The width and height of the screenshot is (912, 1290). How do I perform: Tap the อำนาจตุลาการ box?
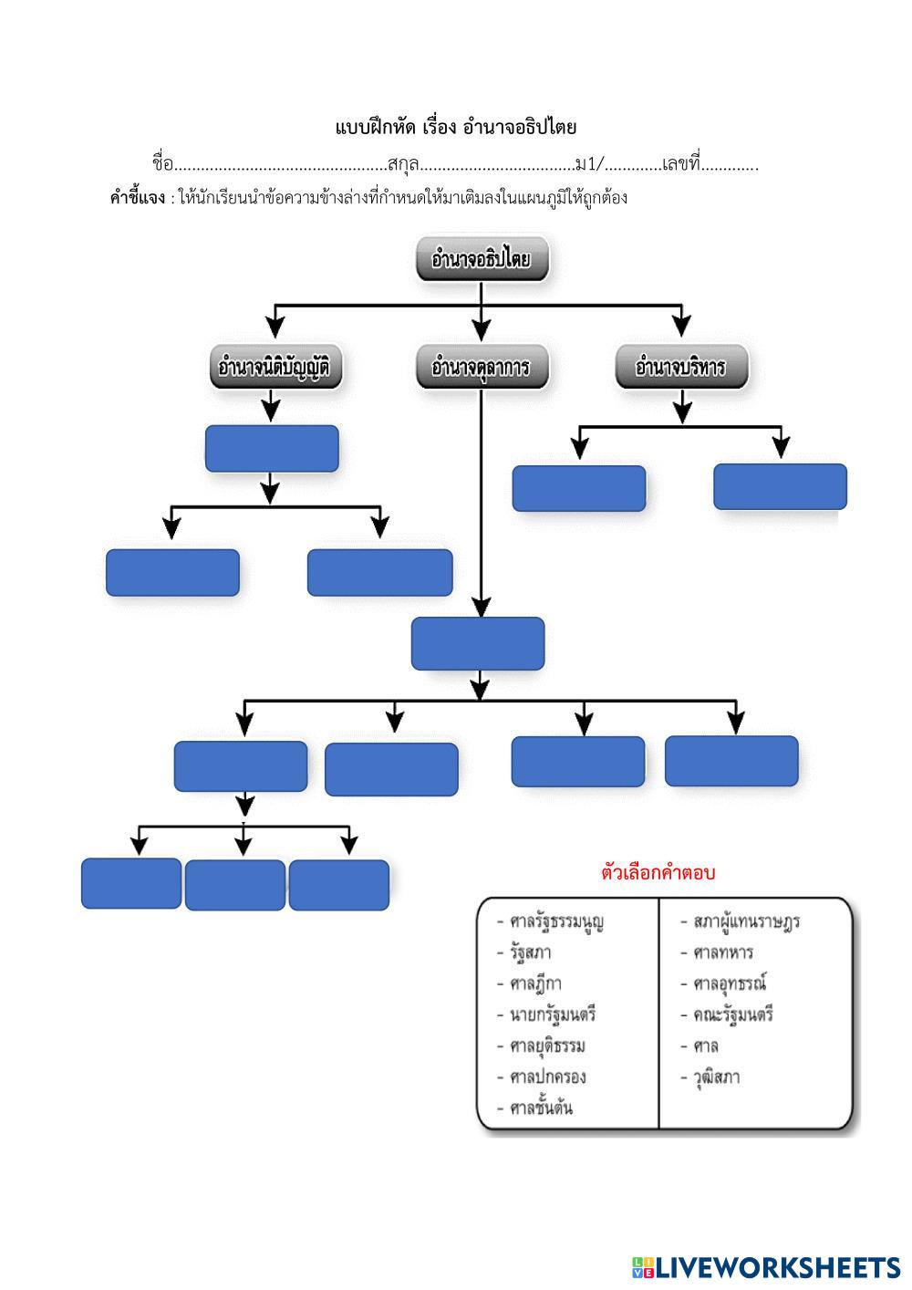(x=481, y=367)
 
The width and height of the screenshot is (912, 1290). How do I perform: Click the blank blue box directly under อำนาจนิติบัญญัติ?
(x=272, y=448)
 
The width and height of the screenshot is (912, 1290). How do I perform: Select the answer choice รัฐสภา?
(x=531, y=952)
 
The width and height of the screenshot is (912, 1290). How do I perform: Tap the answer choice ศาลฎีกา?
(x=535, y=983)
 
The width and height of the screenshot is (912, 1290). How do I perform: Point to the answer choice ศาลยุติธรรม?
(x=547, y=1046)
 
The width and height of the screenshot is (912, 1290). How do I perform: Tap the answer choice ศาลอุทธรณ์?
(x=730, y=983)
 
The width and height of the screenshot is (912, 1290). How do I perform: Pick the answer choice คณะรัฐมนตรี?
(x=733, y=1014)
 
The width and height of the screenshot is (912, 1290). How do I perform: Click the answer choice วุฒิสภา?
(x=716, y=1077)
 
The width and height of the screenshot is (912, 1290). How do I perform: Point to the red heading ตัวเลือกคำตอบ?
(x=658, y=872)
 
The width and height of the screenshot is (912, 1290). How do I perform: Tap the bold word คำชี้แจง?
(x=137, y=198)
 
